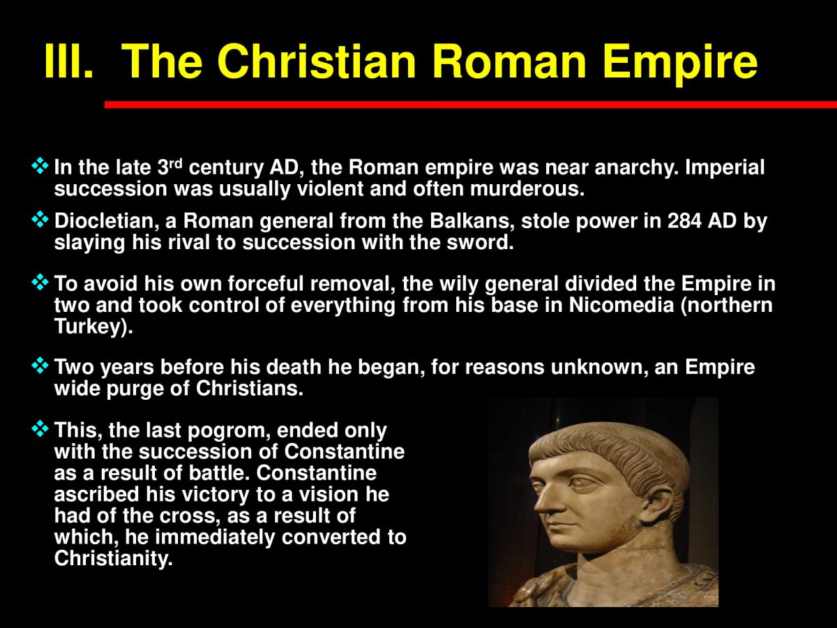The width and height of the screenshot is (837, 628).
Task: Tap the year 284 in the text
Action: [688, 222]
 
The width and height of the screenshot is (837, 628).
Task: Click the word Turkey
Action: [89, 328]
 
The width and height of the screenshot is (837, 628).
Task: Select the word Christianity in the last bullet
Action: [112, 559]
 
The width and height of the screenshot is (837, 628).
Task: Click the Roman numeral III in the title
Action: [68, 61]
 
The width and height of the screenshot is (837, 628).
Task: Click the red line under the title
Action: [470, 105]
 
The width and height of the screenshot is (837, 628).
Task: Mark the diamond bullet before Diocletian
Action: [41, 221]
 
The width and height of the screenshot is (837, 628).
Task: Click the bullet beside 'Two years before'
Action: [41, 366]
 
